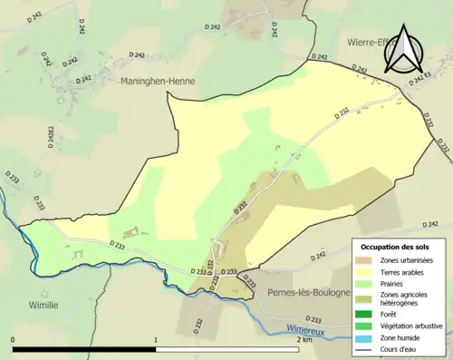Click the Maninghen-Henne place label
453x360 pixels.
click(x=158, y=81)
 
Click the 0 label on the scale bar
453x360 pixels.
click(x=14, y=341)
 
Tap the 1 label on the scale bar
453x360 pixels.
click(x=156, y=341)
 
